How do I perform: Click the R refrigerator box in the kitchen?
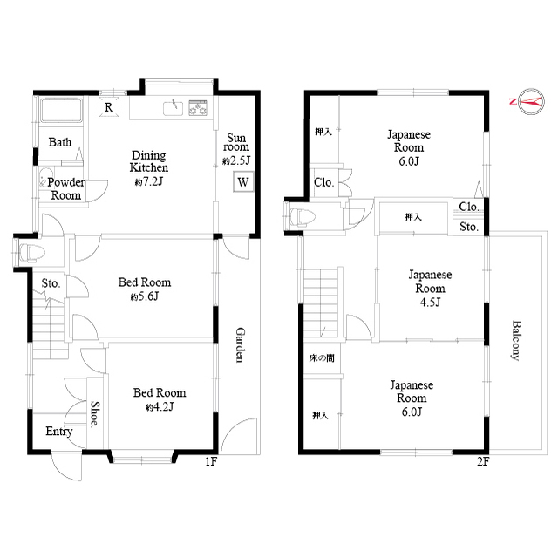109,106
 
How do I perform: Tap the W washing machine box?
243,182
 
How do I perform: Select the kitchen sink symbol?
174,108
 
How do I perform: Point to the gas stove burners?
198,107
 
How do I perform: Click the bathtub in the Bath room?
61,110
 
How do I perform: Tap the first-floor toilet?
31,253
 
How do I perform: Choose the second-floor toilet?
303,217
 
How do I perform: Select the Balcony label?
516,341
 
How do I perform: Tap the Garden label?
241,345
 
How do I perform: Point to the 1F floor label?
211,461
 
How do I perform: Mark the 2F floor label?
483,461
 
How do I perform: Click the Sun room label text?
236,142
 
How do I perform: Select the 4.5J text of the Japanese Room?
430,303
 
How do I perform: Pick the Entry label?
59,432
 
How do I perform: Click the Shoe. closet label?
95,414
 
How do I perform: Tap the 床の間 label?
322,357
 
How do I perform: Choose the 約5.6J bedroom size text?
145,296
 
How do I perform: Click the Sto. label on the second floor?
469,227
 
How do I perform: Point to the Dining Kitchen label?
149,161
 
